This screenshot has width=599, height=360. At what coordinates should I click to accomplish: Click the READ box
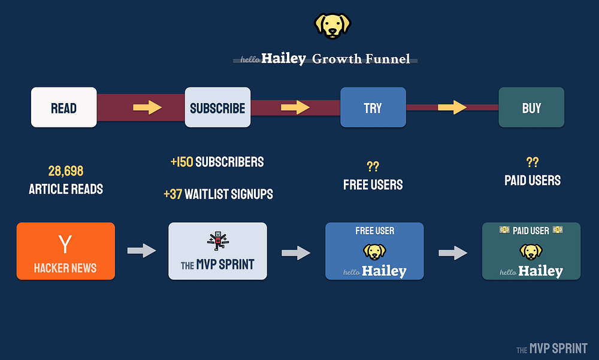coord(63,108)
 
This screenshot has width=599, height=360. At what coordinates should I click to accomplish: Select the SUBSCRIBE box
coord(217,108)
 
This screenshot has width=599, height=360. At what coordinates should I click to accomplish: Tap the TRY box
coord(373,108)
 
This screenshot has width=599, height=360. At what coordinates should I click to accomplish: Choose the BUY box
coord(531,108)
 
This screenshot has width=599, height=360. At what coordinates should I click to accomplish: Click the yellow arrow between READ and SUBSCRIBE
coord(147,108)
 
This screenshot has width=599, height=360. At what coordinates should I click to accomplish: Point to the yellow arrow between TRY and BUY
coord(452,108)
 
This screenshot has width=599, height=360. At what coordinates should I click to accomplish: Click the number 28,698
coord(66,172)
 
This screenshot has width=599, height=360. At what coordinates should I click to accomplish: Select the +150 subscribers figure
coord(182,162)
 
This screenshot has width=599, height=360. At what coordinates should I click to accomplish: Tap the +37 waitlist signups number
coord(173,194)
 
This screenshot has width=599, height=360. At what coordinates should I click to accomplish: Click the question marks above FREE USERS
coord(373,167)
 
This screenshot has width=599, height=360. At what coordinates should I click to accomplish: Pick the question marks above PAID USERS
coord(533,162)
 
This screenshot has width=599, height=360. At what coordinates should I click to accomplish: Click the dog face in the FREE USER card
coord(374,250)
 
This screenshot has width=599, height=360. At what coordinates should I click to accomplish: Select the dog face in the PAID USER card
coord(531,250)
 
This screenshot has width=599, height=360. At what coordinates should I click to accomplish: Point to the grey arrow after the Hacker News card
coord(141,251)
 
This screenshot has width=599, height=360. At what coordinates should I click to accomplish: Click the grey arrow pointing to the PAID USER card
coord(453,253)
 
